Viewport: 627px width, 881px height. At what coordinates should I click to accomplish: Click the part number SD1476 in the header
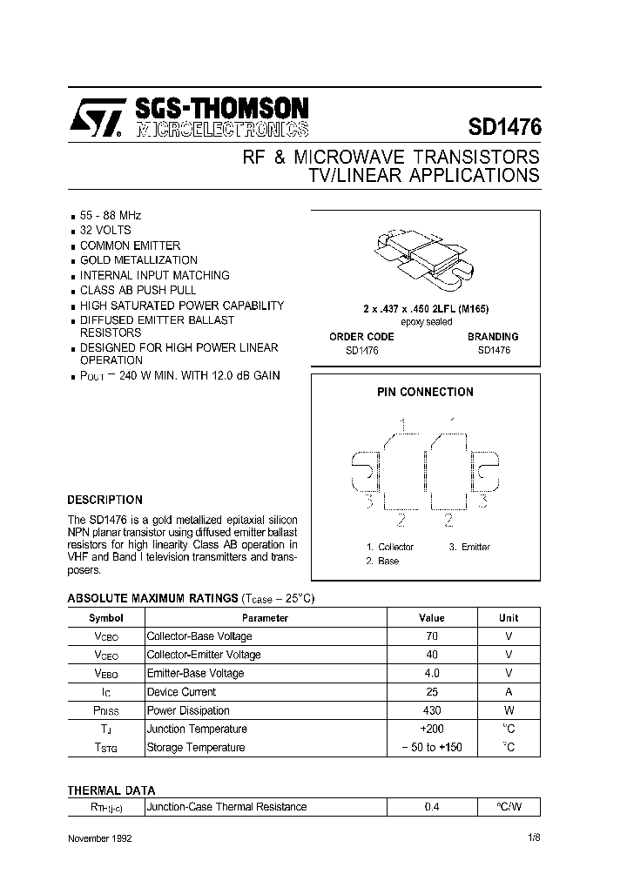pyautogui.click(x=504, y=127)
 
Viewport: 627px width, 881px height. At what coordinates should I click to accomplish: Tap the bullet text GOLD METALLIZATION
pyautogui.click(x=138, y=260)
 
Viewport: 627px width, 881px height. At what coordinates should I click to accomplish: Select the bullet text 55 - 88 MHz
pyautogui.click(x=111, y=215)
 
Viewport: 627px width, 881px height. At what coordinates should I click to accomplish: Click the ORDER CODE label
pyautogui.click(x=361, y=336)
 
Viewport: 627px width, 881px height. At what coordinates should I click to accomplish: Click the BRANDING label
pyautogui.click(x=492, y=336)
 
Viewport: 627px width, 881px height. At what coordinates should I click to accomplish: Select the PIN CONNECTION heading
pyautogui.click(x=425, y=393)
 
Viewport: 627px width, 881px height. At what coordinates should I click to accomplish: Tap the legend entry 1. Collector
pyautogui.click(x=389, y=547)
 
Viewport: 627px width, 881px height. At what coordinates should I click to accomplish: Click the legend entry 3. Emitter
pyautogui.click(x=469, y=547)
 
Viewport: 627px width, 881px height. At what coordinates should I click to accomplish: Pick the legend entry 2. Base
pyautogui.click(x=382, y=562)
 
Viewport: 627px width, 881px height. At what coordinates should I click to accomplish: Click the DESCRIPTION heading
pyautogui.click(x=104, y=501)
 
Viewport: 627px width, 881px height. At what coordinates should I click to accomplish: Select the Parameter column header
pyautogui.click(x=265, y=618)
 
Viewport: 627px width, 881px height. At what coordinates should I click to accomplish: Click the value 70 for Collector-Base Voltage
pyautogui.click(x=431, y=636)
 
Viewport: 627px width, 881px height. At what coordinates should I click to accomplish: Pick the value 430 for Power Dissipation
pyautogui.click(x=431, y=711)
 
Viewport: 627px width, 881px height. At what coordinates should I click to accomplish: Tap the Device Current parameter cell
pyautogui.click(x=181, y=692)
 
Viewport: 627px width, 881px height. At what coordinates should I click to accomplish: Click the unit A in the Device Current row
pyautogui.click(x=509, y=692)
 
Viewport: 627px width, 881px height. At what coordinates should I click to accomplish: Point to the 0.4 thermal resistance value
pyautogui.click(x=431, y=807)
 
